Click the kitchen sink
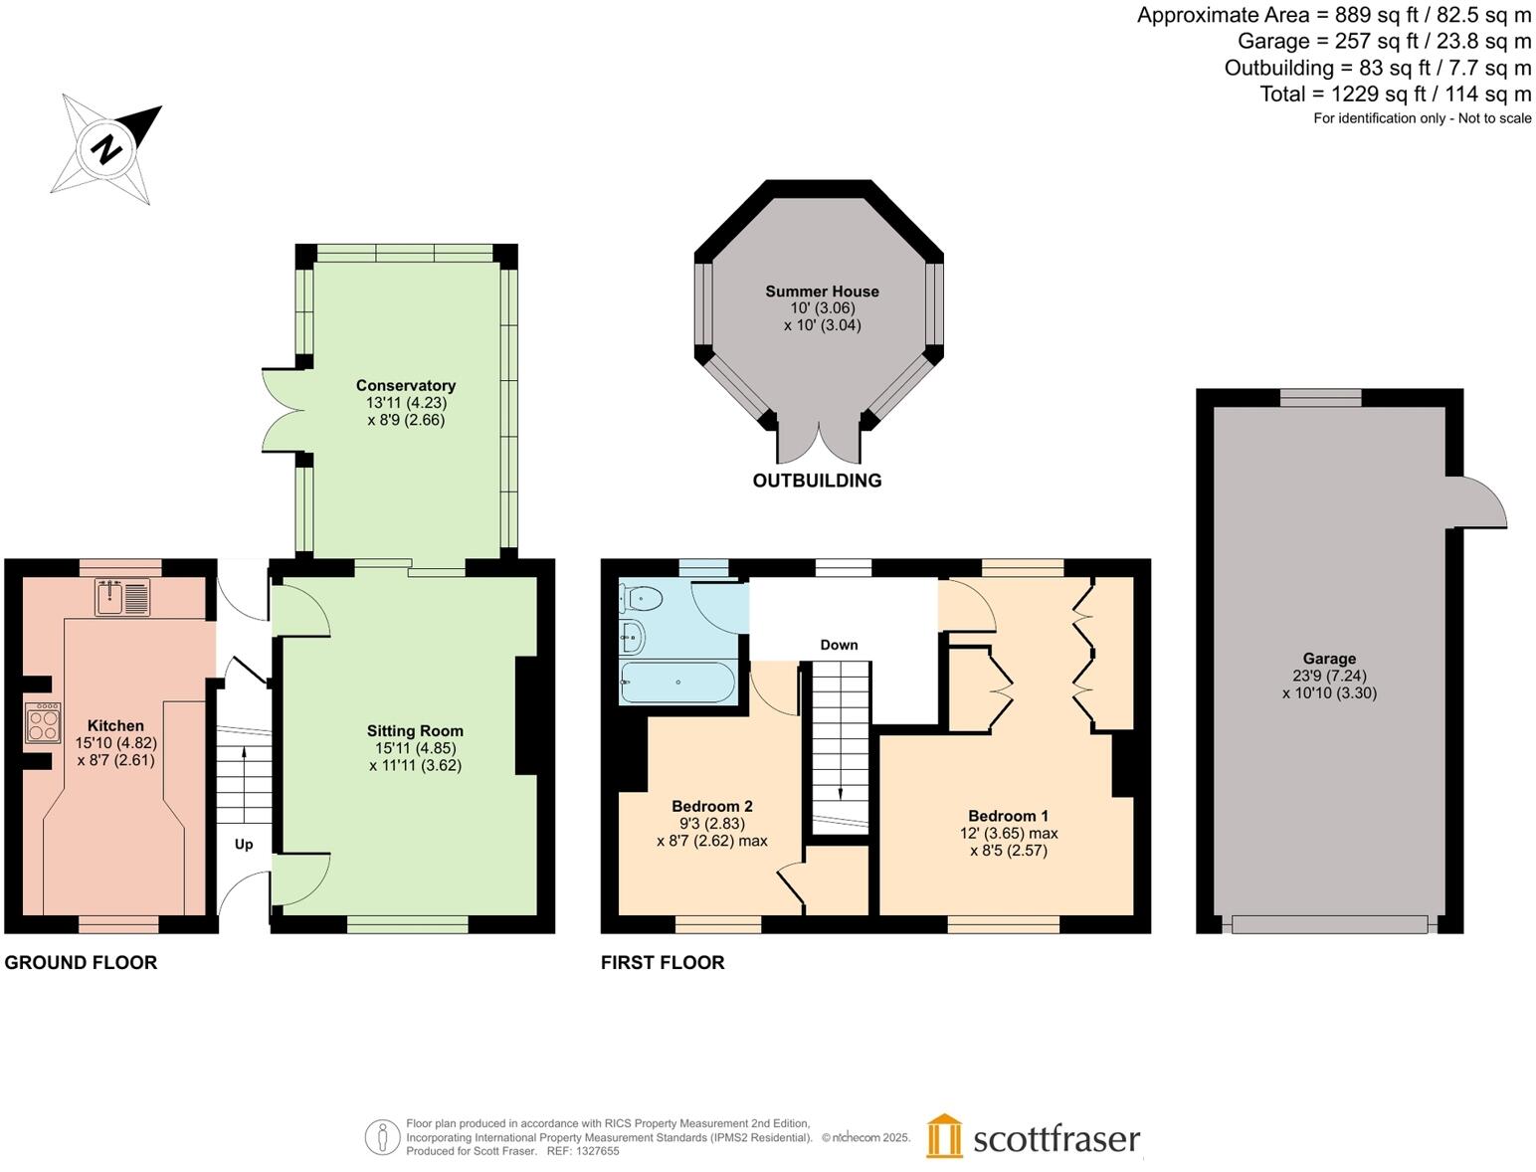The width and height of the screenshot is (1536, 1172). point(122,597)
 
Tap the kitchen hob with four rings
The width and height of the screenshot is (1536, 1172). point(43,722)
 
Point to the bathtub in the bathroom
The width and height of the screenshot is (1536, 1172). point(676,684)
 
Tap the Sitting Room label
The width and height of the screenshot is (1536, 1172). point(415,731)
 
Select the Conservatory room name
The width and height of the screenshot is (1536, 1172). point(406,386)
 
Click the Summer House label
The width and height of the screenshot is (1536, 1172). point(822,292)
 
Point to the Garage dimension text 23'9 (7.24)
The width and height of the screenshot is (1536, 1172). point(1329,676)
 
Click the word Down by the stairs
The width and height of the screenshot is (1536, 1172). point(839,645)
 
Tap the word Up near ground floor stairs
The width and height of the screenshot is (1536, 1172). point(244,844)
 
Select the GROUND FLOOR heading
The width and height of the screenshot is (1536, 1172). point(81,962)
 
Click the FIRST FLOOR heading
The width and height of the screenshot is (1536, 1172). point(663,962)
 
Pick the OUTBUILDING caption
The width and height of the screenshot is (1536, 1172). point(817,481)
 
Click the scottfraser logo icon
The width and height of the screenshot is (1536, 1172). point(944,1136)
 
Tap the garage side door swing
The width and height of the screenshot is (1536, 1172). point(1480,503)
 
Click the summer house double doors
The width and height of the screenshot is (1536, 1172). point(818,443)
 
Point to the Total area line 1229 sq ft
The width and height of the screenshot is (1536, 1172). point(1395,95)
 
